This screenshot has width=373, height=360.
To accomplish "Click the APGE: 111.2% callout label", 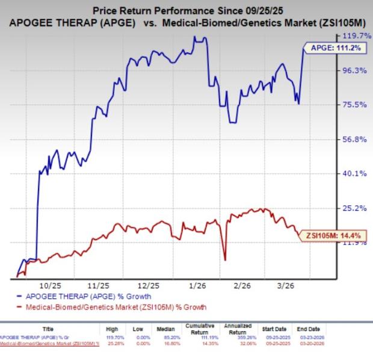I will point(335,49).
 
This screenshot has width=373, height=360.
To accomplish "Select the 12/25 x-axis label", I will point(147,285).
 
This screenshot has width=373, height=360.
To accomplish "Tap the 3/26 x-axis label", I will point(288,285).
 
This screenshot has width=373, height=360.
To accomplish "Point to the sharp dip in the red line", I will point(225,259).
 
